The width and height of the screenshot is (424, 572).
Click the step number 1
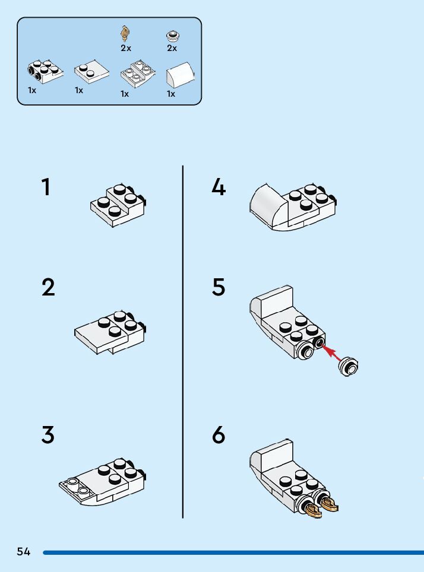click(x=46, y=188)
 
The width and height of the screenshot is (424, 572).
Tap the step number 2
click(x=48, y=287)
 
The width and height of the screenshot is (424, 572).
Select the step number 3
click(x=48, y=435)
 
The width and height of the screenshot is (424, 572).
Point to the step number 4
click(x=219, y=188)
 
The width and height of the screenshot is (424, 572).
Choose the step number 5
click(x=219, y=287)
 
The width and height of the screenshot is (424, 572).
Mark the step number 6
click(x=219, y=435)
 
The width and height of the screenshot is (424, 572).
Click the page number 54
click(x=23, y=552)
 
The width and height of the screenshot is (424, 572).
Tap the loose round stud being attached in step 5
click(x=349, y=367)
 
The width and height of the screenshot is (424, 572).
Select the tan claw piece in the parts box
click(x=125, y=34)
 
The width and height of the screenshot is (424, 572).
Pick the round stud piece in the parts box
click(x=172, y=36)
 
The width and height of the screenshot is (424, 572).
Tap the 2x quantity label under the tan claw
click(x=125, y=48)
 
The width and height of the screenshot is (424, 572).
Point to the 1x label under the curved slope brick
click(x=171, y=94)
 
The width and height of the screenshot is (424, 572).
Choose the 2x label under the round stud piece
click(x=172, y=48)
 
